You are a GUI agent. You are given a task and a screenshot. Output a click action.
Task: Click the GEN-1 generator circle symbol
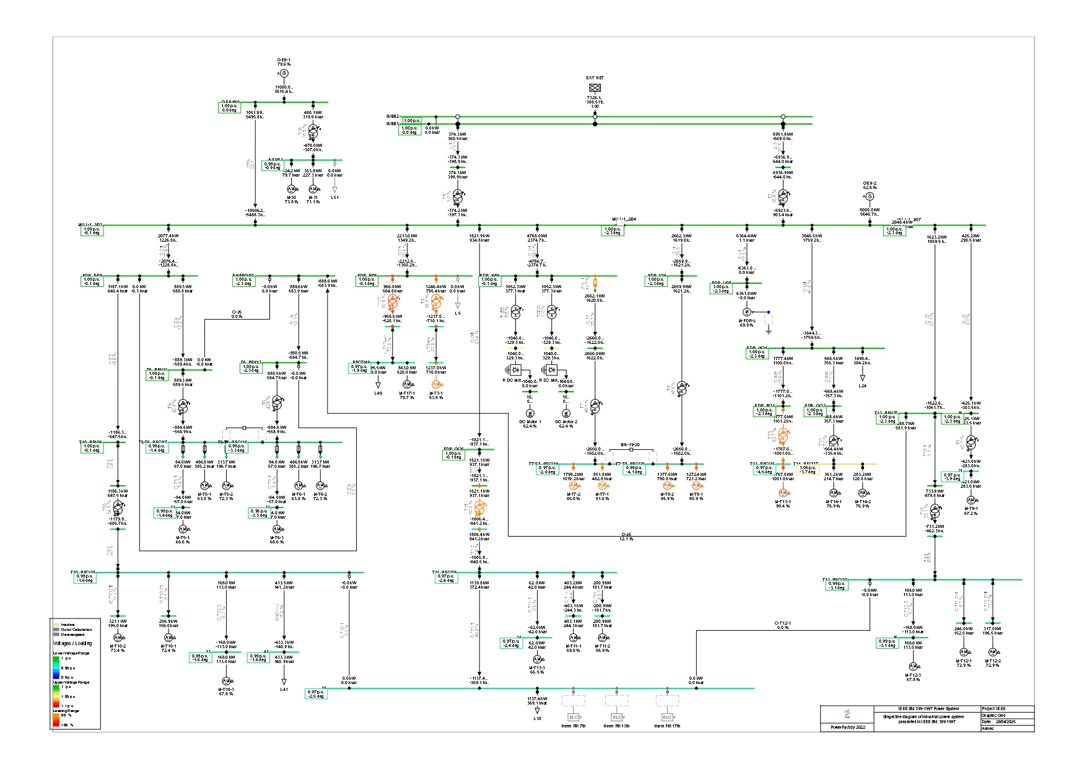(284, 74)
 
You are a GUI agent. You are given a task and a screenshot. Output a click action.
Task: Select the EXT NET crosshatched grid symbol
(595, 88)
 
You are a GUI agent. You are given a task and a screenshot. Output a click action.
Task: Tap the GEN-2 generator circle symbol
(869, 196)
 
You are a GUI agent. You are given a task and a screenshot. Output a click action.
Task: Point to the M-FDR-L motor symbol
(747, 312)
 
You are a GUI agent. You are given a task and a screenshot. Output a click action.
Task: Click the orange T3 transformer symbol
(436, 303)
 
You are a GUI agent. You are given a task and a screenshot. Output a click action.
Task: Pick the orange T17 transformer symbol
(393, 303)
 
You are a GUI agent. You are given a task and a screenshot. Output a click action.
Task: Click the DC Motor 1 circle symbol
(530, 413)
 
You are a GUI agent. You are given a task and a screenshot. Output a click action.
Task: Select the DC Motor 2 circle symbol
(565, 413)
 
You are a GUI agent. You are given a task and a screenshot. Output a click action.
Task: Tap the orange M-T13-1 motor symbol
(783, 493)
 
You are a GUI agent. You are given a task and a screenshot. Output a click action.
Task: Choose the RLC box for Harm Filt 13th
(616, 717)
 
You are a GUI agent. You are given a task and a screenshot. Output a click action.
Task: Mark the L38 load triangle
(537, 711)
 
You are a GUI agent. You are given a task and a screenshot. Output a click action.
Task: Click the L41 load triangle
(284, 681)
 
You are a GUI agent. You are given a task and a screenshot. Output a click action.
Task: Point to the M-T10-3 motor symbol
(226, 681)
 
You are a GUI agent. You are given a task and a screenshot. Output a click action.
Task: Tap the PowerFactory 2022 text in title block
(847, 727)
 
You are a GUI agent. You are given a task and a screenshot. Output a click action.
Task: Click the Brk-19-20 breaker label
(630, 445)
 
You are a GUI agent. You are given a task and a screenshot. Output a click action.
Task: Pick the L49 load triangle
(378, 385)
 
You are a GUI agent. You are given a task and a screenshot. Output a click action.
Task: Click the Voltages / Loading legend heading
(72, 643)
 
